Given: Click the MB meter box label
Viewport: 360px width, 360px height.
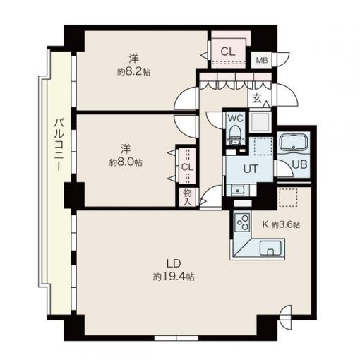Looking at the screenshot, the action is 262,61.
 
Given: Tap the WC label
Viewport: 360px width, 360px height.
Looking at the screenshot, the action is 235,119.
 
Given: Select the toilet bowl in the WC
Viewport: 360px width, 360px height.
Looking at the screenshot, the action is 235,135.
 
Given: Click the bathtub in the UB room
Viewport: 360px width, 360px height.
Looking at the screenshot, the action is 294,142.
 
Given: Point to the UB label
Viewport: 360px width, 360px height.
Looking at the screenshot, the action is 299,164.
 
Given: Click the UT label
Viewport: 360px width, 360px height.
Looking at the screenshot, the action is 251,169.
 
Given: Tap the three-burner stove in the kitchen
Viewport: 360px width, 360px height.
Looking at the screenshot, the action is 243,222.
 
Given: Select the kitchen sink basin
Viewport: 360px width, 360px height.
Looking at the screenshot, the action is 270,248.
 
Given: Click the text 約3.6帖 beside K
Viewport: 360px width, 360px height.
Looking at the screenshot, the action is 286,225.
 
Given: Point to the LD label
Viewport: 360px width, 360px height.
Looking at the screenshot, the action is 174,263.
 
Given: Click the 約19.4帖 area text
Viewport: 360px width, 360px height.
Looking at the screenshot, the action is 174,277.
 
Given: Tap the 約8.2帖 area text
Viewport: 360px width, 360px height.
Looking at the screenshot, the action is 133,71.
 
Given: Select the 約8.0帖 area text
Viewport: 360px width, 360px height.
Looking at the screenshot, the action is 126,162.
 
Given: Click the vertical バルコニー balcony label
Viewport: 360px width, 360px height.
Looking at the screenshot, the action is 59,145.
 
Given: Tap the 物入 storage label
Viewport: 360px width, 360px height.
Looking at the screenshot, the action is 187,198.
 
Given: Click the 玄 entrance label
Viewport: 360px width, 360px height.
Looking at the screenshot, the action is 257,99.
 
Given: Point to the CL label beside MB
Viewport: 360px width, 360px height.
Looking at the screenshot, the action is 228,52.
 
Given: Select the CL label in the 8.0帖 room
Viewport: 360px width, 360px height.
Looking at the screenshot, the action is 187,167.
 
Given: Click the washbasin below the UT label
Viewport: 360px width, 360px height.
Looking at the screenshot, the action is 238,191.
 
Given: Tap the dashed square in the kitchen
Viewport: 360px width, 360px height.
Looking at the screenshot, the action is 288,198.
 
